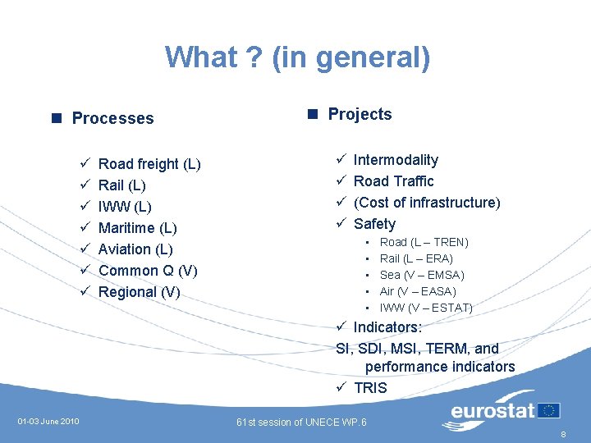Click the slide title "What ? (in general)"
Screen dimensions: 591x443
pos(297,57)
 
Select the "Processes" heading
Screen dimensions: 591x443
pos(112,118)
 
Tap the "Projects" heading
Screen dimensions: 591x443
pos(360,114)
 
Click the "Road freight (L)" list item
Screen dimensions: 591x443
pos(149,164)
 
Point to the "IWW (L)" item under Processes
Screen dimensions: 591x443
pos(125,207)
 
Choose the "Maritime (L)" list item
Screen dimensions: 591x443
pos(138,228)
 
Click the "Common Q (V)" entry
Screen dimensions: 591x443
pos(148,271)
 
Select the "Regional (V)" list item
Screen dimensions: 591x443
pos(139,292)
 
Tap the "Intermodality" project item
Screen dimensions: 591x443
pos(396,160)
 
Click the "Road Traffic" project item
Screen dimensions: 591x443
pos(393,181)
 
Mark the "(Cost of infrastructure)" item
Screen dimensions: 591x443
pos(427,203)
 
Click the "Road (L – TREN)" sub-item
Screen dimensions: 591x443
pos(424,242)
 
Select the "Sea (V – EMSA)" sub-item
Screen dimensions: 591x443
pos(421,275)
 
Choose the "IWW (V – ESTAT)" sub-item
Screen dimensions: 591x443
pos(426,308)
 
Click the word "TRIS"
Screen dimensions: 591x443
pos(370,388)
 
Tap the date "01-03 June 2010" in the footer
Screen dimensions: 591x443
pos(48,422)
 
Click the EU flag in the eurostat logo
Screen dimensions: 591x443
pos(550,410)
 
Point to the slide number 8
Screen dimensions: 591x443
pos(563,435)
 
